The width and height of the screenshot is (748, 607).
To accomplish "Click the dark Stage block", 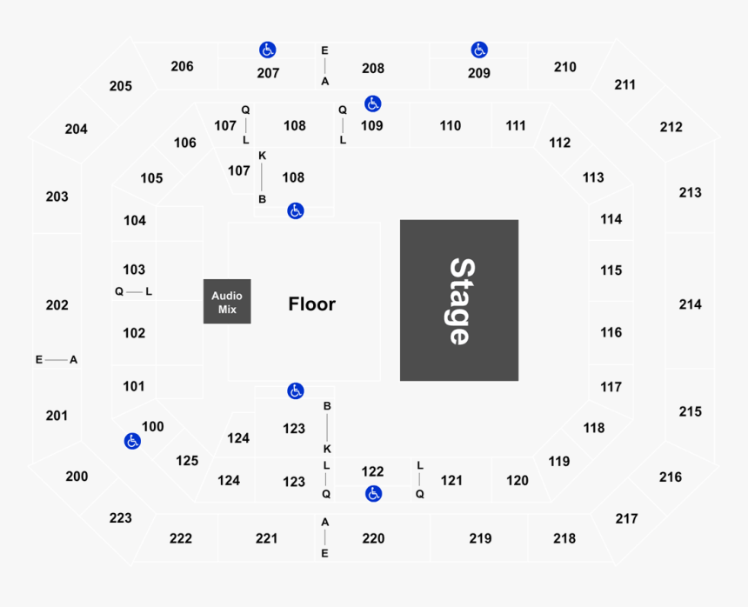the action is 459,300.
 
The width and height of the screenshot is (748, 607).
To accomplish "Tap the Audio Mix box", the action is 227,302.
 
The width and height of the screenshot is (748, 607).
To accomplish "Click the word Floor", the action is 312,304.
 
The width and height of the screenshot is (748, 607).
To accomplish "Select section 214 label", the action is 691,304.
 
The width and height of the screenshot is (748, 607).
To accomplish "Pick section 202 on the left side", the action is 57,305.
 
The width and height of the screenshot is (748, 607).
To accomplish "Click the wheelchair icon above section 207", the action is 268,50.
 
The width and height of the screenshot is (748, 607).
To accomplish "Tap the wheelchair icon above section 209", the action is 479,50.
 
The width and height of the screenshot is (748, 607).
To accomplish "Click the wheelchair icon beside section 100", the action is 132,441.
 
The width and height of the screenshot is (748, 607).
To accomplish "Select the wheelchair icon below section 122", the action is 373,494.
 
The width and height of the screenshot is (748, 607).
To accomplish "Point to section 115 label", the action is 611,270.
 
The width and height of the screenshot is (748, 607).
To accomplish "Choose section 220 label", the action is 373,538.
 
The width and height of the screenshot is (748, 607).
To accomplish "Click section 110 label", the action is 451,126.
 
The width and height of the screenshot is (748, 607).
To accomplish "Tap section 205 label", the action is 121,86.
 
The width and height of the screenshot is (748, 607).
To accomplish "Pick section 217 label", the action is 626,519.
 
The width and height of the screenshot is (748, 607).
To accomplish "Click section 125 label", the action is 187,461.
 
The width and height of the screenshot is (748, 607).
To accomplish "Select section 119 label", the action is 559,462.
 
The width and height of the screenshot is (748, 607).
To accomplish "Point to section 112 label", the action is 559,143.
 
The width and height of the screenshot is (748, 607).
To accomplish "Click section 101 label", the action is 134,386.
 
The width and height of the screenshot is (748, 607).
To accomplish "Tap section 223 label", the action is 121,517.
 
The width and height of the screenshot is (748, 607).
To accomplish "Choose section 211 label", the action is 624,85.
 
